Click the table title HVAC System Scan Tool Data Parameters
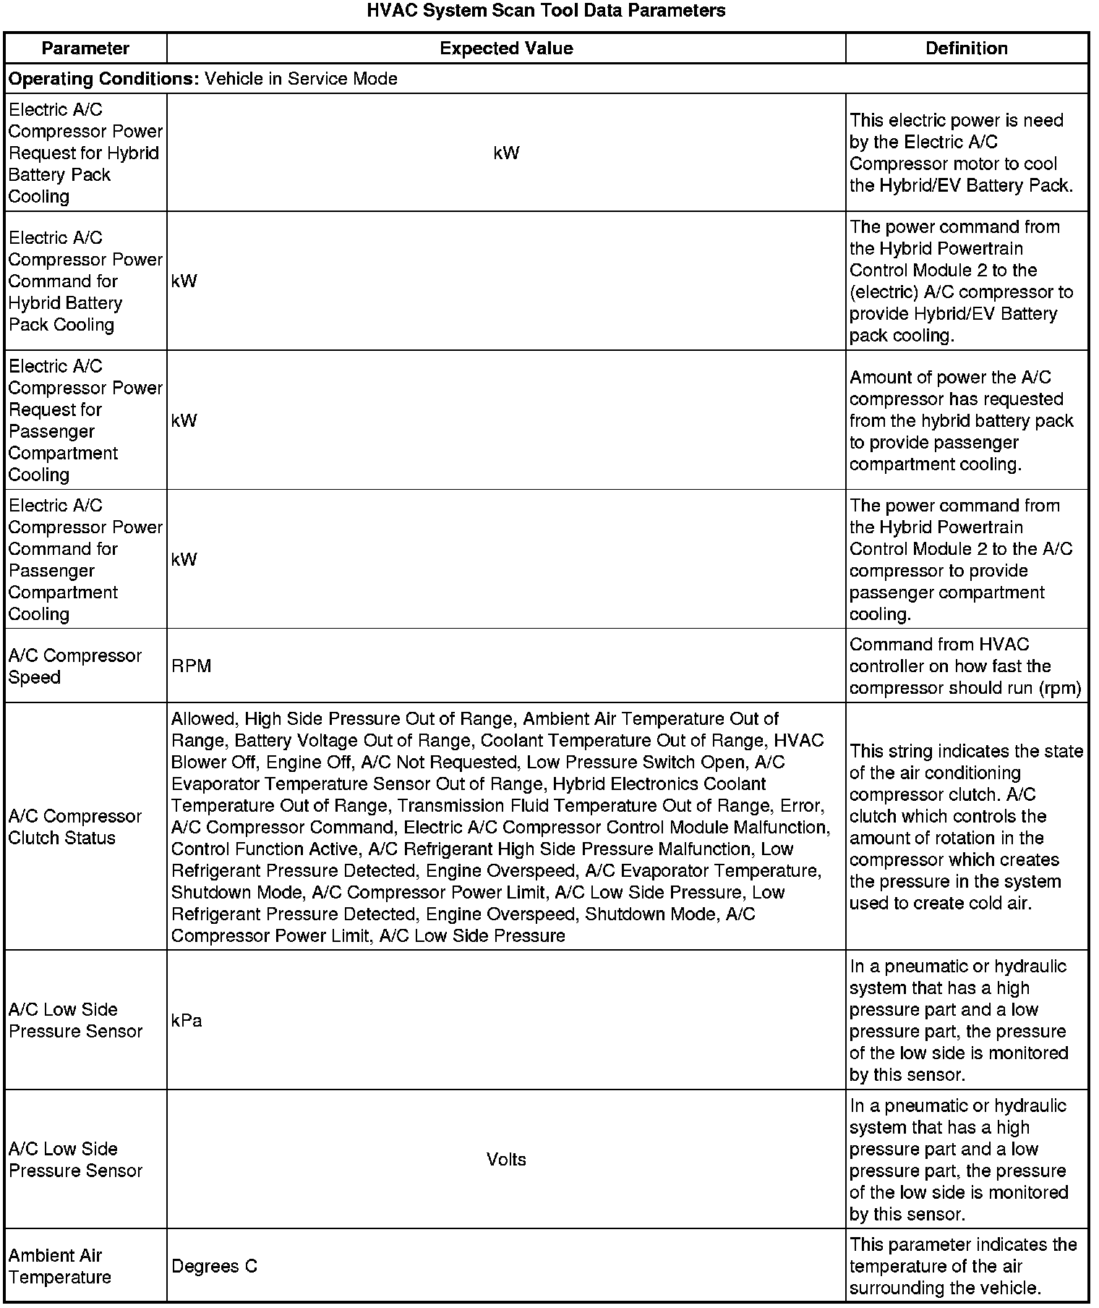point(546,11)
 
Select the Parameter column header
point(85,48)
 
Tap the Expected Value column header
point(506,48)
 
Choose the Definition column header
point(967,48)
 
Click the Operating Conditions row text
point(203,79)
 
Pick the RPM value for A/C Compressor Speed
point(192,666)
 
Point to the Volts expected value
point(506,1160)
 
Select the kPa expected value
point(187,1021)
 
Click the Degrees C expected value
point(214,1266)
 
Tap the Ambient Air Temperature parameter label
point(60,1266)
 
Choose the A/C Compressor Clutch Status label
point(75,827)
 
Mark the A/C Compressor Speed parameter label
point(75,666)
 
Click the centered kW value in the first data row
point(506,153)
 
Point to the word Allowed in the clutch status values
point(205,719)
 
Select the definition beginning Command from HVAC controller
point(965,666)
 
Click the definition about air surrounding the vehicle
point(963,1266)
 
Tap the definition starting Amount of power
point(961,420)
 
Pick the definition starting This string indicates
point(966,827)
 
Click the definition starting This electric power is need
point(961,153)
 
